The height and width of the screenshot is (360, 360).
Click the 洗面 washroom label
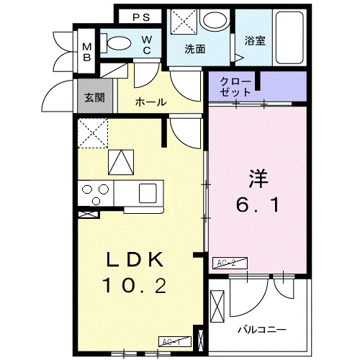tap(195, 49)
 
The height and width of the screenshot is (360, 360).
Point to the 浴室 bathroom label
tap(255, 41)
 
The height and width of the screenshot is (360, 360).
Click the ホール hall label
tap(151, 103)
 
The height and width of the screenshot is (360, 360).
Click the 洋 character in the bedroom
tap(259, 177)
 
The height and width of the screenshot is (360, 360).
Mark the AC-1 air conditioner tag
tap(171, 341)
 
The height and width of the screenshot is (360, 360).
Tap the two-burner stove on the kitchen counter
tap(95, 192)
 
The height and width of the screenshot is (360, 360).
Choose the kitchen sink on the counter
tap(148, 192)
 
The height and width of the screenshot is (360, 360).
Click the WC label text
tap(146, 45)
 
